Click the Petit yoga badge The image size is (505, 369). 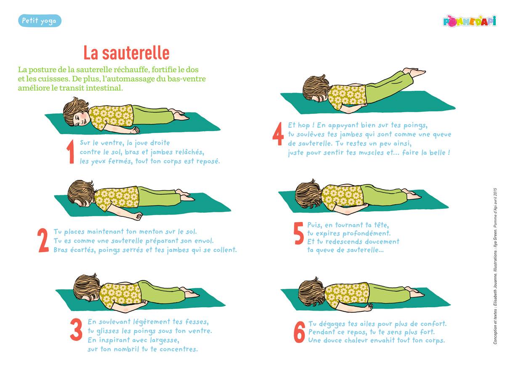(40, 21)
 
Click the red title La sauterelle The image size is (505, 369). (127, 53)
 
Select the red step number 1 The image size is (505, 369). (71, 152)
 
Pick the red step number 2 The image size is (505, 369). (43, 240)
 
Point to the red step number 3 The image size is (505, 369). (76, 329)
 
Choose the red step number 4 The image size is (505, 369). (278, 134)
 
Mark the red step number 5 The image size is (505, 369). (299, 233)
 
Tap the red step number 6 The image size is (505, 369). (299, 332)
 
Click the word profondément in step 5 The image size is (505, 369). (367, 233)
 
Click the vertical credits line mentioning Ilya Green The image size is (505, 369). (495, 266)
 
